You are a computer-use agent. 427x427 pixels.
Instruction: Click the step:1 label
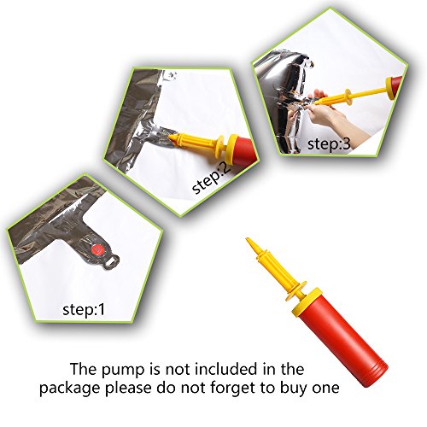84,309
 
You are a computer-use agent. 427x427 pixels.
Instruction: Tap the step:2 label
211,178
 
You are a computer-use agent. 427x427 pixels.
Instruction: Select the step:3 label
329,143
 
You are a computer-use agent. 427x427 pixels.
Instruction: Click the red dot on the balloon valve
97,250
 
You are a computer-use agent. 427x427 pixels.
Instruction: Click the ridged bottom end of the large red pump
375,374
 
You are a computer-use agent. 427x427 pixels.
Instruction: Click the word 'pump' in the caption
123,370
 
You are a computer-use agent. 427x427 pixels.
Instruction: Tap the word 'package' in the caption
70,389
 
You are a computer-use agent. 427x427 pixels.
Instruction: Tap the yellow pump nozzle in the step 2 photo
196,142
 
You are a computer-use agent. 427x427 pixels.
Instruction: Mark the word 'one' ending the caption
327,389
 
